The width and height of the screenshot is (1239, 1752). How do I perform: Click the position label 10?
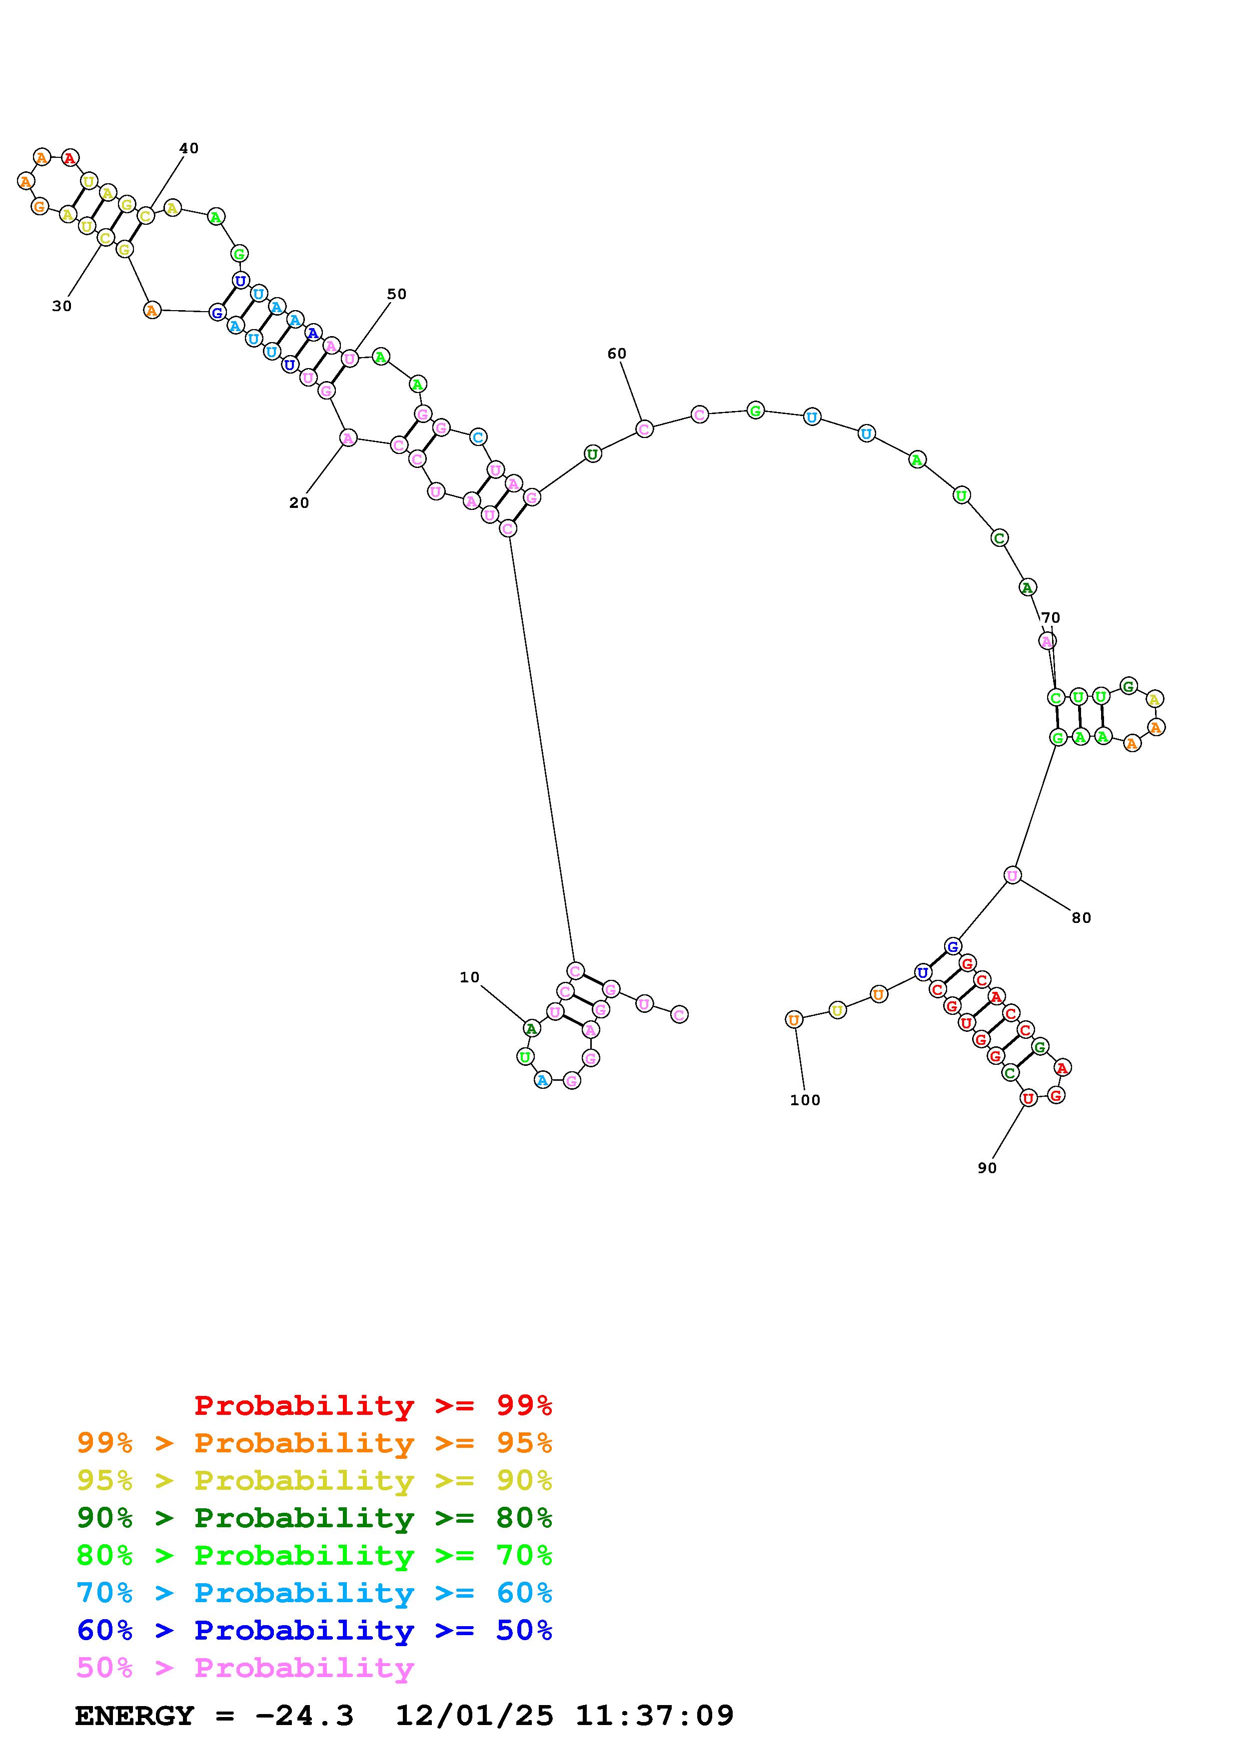469,977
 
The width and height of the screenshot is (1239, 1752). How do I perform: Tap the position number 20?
299,503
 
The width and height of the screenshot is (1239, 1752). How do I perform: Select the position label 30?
62,306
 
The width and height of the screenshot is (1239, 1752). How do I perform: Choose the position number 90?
987,1168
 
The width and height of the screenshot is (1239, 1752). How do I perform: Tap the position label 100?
805,1100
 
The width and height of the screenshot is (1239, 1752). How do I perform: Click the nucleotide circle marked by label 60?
644,429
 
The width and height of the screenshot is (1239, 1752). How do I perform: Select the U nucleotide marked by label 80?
1012,875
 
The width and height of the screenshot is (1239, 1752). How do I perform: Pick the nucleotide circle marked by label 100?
794,1019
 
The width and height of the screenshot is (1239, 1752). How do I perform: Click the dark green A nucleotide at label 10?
531,1029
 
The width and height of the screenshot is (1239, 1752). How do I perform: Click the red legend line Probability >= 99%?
373,1405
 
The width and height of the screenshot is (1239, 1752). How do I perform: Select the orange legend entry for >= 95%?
314,1443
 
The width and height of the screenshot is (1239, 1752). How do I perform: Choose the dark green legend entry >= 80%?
314,1518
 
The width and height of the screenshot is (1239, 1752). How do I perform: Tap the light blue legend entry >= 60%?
314,1593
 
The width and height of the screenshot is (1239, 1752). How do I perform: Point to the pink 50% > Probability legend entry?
245,1668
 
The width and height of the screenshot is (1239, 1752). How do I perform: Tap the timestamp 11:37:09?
654,1716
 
